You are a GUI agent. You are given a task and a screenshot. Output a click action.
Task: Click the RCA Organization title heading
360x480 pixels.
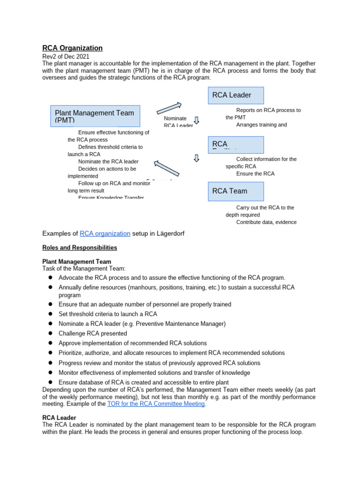pos(72,48)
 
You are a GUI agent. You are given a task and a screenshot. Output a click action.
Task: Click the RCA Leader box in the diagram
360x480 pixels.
pos(236,95)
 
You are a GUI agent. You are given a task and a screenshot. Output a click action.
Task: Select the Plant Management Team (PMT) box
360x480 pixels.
pos(95,116)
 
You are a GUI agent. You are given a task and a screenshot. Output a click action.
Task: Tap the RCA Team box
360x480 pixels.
pos(236,191)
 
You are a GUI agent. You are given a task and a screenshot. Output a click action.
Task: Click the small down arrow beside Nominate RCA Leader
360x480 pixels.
pos(197,120)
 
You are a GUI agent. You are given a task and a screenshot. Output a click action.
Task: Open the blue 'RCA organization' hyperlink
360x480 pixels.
pos(105,233)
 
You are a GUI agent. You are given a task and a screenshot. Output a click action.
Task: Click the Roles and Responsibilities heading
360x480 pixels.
pos(80,247)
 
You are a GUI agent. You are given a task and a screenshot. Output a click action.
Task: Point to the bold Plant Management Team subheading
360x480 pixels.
pos(77,262)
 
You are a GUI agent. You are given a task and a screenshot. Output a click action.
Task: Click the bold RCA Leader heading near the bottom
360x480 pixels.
pos(59,417)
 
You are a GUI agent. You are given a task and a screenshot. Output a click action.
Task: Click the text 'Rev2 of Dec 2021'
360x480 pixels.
pos(66,57)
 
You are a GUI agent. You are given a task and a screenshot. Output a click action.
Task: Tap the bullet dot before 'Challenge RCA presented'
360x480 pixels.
pos(50,334)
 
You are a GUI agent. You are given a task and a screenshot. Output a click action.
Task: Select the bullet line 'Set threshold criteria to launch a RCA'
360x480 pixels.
pos(108,314)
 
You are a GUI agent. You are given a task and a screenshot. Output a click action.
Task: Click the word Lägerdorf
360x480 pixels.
pos(167,233)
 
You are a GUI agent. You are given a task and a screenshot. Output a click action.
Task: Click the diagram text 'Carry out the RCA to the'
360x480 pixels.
pos(265,208)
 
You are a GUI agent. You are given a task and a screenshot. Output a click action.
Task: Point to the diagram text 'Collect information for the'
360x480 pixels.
pos(266,159)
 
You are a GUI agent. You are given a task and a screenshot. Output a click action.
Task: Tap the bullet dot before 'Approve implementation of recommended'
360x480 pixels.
pos(50,344)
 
